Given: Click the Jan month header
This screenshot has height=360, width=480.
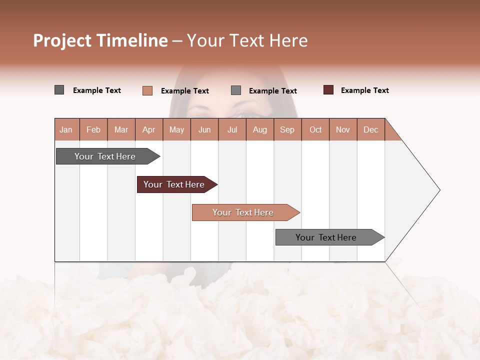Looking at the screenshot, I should pyautogui.click(x=66, y=129).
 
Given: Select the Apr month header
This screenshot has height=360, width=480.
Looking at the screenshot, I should pyautogui.click(x=148, y=129).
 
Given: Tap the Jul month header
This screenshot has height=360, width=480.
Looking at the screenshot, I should pyautogui.click(x=232, y=129).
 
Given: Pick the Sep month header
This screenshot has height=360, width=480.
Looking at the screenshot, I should pyautogui.click(x=287, y=129).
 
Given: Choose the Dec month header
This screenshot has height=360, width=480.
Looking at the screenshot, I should pyautogui.click(x=370, y=129).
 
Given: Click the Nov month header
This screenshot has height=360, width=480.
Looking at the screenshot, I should pyautogui.click(x=342, y=129).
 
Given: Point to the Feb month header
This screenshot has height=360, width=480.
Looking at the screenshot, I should pyautogui.click(x=93, y=129).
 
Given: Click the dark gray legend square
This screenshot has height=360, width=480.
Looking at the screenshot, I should pyautogui.click(x=59, y=90).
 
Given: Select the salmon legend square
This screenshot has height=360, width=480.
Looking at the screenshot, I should pyautogui.click(x=147, y=90).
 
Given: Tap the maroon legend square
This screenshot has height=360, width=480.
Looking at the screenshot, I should pyautogui.click(x=328, y=90).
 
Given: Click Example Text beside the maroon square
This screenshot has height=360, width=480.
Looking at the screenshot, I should pyautogui.click(x=364, y=90).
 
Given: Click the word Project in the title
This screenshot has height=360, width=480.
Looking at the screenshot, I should pyautogui.click(x=62, y=40).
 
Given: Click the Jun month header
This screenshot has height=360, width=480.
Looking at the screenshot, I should pyautogui.click(x=204, y=129).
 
